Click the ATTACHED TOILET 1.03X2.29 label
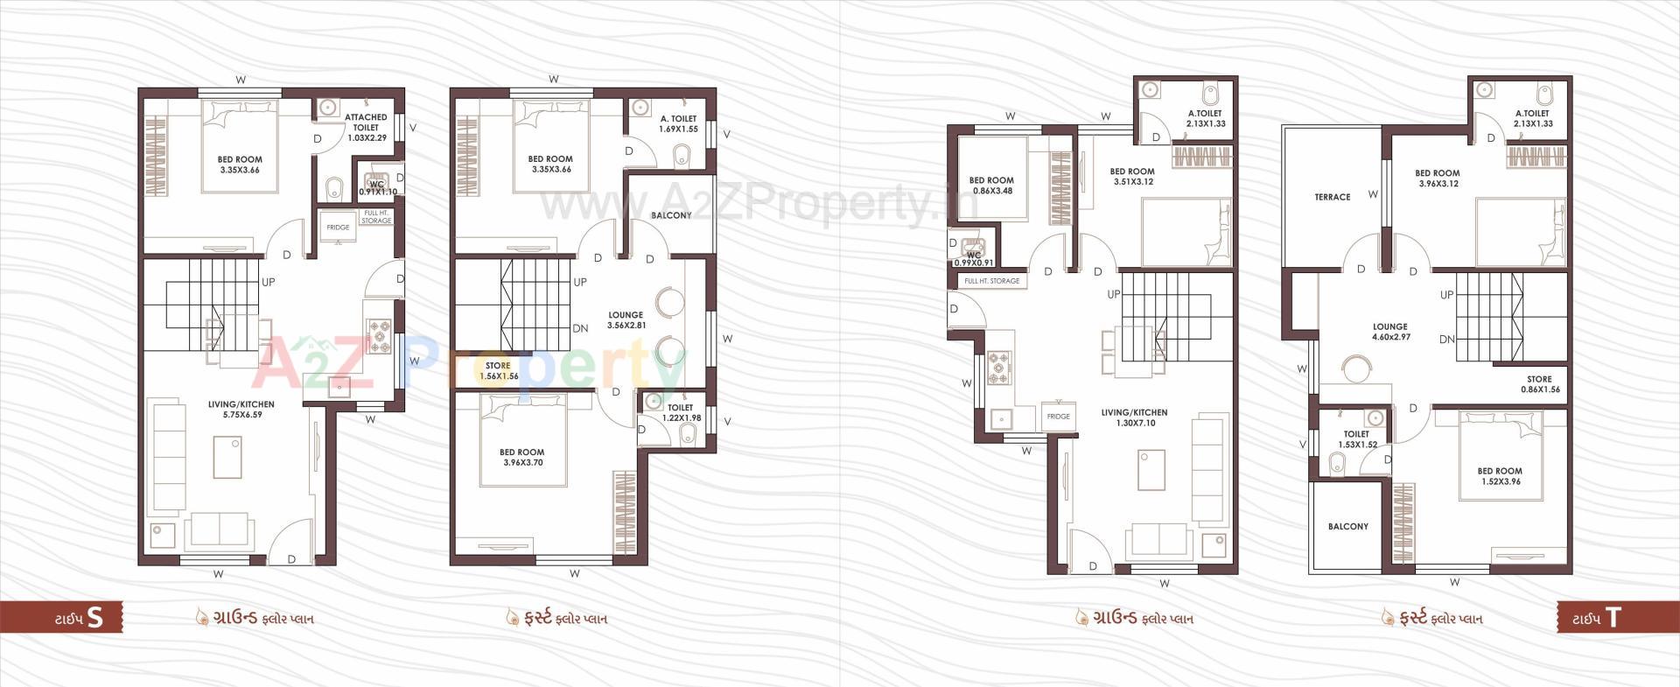366,127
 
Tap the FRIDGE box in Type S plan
338,228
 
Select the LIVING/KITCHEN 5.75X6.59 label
241,410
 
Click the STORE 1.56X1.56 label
498,371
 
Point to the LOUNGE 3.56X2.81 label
626,320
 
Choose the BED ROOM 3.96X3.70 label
522,458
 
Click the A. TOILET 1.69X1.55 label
678,123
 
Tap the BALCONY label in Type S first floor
671,215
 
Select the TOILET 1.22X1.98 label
681,413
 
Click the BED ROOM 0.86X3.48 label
991,186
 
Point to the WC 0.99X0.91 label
973,259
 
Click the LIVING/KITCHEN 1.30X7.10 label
1134,417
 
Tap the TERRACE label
1332,198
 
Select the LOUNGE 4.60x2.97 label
1390,332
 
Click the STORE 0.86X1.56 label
1540,385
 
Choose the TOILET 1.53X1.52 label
1356,439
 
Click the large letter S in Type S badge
95,618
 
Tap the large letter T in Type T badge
1613,618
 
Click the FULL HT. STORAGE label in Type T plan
991,281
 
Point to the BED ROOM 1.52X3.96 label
1500,476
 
